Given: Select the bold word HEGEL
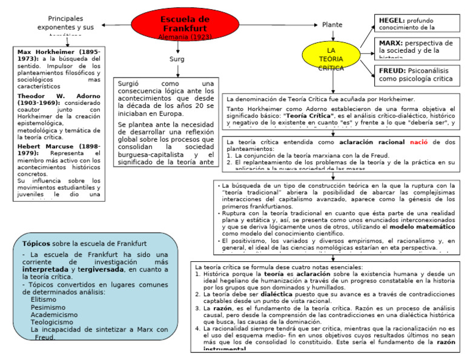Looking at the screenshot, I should (x=392, y=20).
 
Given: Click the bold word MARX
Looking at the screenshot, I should (x=391, y=44).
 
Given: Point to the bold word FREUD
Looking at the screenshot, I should (x=392, y=70).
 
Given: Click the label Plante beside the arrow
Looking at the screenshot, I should (x=332, y=25).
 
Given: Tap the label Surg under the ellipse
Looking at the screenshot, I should (x=177, y=59).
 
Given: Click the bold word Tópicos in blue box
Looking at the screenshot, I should (x=36, y=244).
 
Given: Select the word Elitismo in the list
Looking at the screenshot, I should (x=44, y=299).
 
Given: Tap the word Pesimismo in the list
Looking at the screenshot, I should (x=48, y=307).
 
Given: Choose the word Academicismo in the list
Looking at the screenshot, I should (x=54, y=315).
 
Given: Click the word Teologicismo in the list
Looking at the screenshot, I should (x=53, y=322).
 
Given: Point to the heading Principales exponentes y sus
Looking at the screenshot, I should (x=66, y=23).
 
